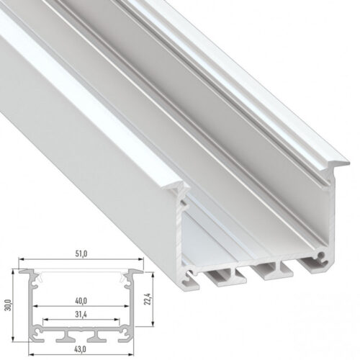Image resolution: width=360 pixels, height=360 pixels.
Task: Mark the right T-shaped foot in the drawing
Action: click(x=96, y=336)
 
